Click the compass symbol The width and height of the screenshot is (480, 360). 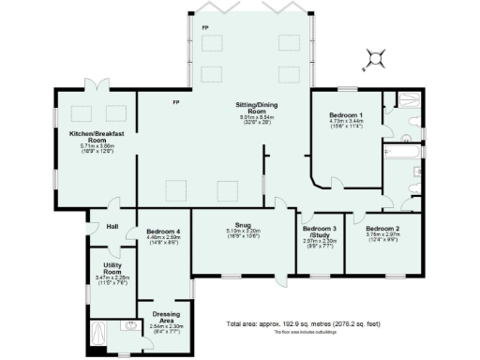375,58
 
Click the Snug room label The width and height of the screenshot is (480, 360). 236,225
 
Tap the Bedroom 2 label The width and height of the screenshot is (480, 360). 382,229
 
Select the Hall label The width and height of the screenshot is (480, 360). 112,226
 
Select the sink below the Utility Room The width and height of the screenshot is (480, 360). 130,327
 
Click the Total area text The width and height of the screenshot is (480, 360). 303,323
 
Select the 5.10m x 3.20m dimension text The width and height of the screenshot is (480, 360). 236,232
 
